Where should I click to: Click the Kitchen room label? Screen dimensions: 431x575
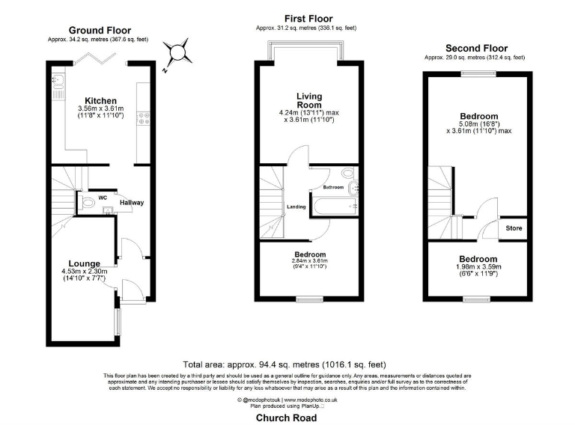(x=100, y=101)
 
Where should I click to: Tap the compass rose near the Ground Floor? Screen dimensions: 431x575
(x=178, y=53)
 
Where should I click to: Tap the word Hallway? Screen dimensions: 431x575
(x=132, y=203)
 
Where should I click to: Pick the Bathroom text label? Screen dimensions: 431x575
(x=333, y=187)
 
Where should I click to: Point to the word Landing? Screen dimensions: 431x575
(x=296, y=207)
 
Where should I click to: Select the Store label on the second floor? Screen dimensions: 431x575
(x=514, y=227)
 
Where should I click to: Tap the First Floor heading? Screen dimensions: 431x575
(x=308, y=19)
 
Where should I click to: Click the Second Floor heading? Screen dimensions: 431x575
(x=475, y=48)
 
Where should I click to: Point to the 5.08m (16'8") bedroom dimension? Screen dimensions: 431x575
(x=479, y=124)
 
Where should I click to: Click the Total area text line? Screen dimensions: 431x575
(x=285, y=364)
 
